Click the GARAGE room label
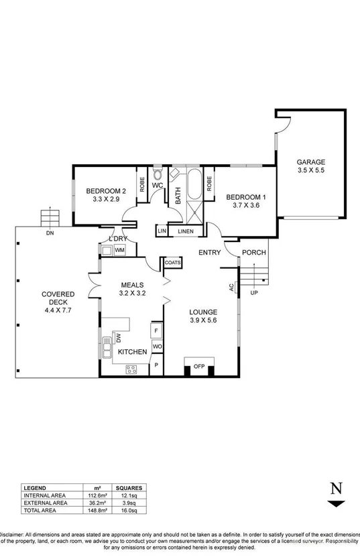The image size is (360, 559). coord(310,162)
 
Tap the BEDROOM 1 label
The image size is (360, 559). coord(246,197)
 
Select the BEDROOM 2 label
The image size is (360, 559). coord(106,191)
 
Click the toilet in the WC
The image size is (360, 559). coord(158,173)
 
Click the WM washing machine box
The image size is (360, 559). coord(119,250)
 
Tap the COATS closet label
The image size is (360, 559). coord(172,263)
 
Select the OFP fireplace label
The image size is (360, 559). coord(199,366)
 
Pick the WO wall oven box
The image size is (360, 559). coord(157,347)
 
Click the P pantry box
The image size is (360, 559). coord(157,365)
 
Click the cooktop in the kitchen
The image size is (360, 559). coord(131,368)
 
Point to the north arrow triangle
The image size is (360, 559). coord(337,504)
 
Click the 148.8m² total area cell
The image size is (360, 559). coord(94,510)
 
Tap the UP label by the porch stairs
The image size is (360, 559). coord(253,293)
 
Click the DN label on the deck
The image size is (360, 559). coord(50,234)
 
